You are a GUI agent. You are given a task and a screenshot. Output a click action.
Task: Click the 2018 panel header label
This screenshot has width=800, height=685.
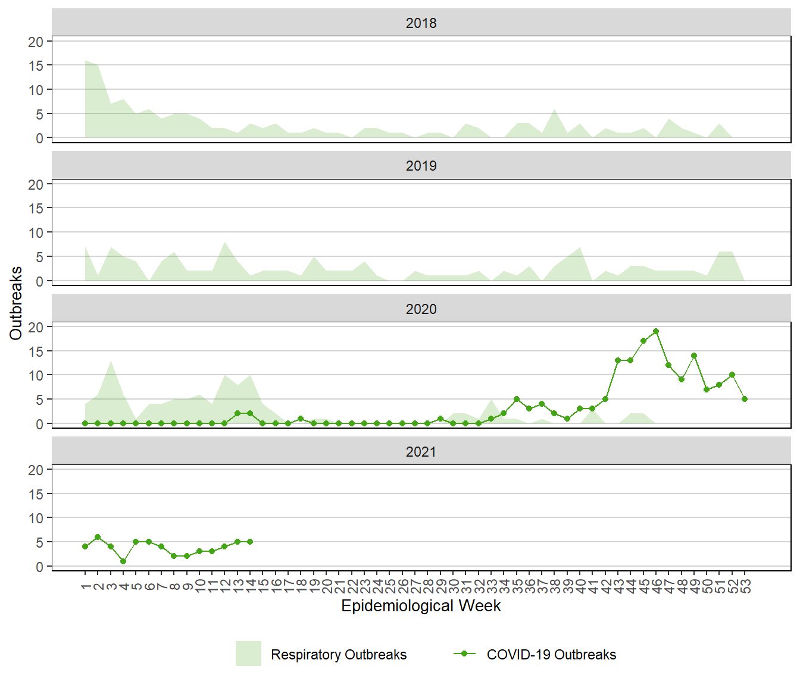pos(421,23)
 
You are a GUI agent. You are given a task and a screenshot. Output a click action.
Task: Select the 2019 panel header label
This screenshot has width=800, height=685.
pos(421,166)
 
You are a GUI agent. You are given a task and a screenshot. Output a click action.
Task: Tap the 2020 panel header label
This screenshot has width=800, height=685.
pos(421,309)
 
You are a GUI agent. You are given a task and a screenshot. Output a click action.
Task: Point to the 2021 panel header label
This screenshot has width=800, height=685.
pos(421,452)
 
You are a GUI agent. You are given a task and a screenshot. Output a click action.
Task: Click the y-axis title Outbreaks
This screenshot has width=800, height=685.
pos(16,303)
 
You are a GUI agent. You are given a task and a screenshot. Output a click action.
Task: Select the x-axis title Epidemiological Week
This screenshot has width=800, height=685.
pos(421,606)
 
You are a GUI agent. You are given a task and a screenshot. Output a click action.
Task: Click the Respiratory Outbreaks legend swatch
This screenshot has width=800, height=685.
pos(248,653)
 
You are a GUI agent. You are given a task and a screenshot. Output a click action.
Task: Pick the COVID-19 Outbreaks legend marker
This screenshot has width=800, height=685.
pos(464,653)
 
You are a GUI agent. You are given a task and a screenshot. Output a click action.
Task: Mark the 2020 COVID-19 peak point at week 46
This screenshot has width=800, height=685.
pos(656,331)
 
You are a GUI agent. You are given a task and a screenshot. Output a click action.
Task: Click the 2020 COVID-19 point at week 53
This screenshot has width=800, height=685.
pos(745,399)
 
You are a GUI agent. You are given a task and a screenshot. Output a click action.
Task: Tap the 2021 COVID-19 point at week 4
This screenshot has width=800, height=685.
pos(123,561)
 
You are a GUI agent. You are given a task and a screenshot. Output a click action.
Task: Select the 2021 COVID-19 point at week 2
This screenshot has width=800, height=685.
pos(98,537)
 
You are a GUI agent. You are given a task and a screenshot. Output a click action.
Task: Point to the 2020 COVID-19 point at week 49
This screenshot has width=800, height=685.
pos(694,356)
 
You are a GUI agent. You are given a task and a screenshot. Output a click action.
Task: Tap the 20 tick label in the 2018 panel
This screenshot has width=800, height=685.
pos(36,42)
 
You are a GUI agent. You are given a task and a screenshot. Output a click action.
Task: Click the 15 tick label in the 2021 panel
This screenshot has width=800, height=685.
pos(36,494)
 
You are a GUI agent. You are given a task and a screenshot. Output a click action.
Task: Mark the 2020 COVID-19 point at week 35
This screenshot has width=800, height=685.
pos(517,399)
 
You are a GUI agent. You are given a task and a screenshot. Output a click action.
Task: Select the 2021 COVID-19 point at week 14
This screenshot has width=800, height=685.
pos(250,542)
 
